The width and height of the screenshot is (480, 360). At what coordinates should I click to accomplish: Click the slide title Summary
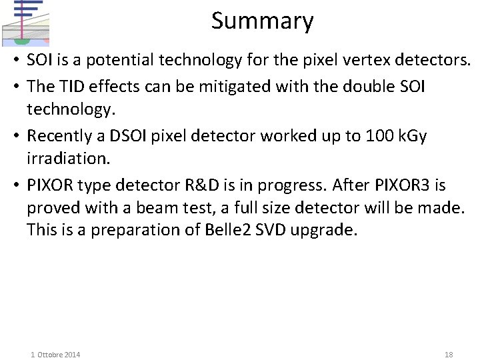[262, 21]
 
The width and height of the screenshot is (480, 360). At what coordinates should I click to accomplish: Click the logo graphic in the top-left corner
[25, 21]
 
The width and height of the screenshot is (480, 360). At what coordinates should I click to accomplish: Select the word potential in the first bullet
[115, 61]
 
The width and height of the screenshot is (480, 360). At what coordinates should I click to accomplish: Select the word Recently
[57, 136]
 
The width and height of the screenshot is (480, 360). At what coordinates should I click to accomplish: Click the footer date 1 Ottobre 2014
[55, 355]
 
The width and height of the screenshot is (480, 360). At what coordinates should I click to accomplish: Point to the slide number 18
[448, 355]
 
